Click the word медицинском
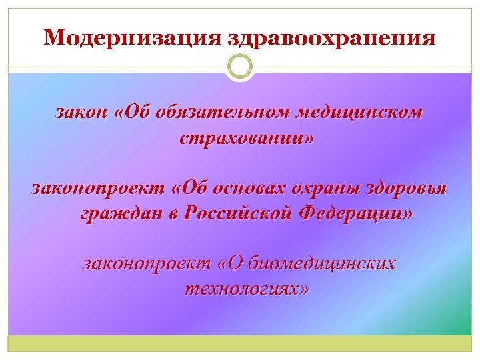(x=355, y=113)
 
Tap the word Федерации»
(x=357, y=215)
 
